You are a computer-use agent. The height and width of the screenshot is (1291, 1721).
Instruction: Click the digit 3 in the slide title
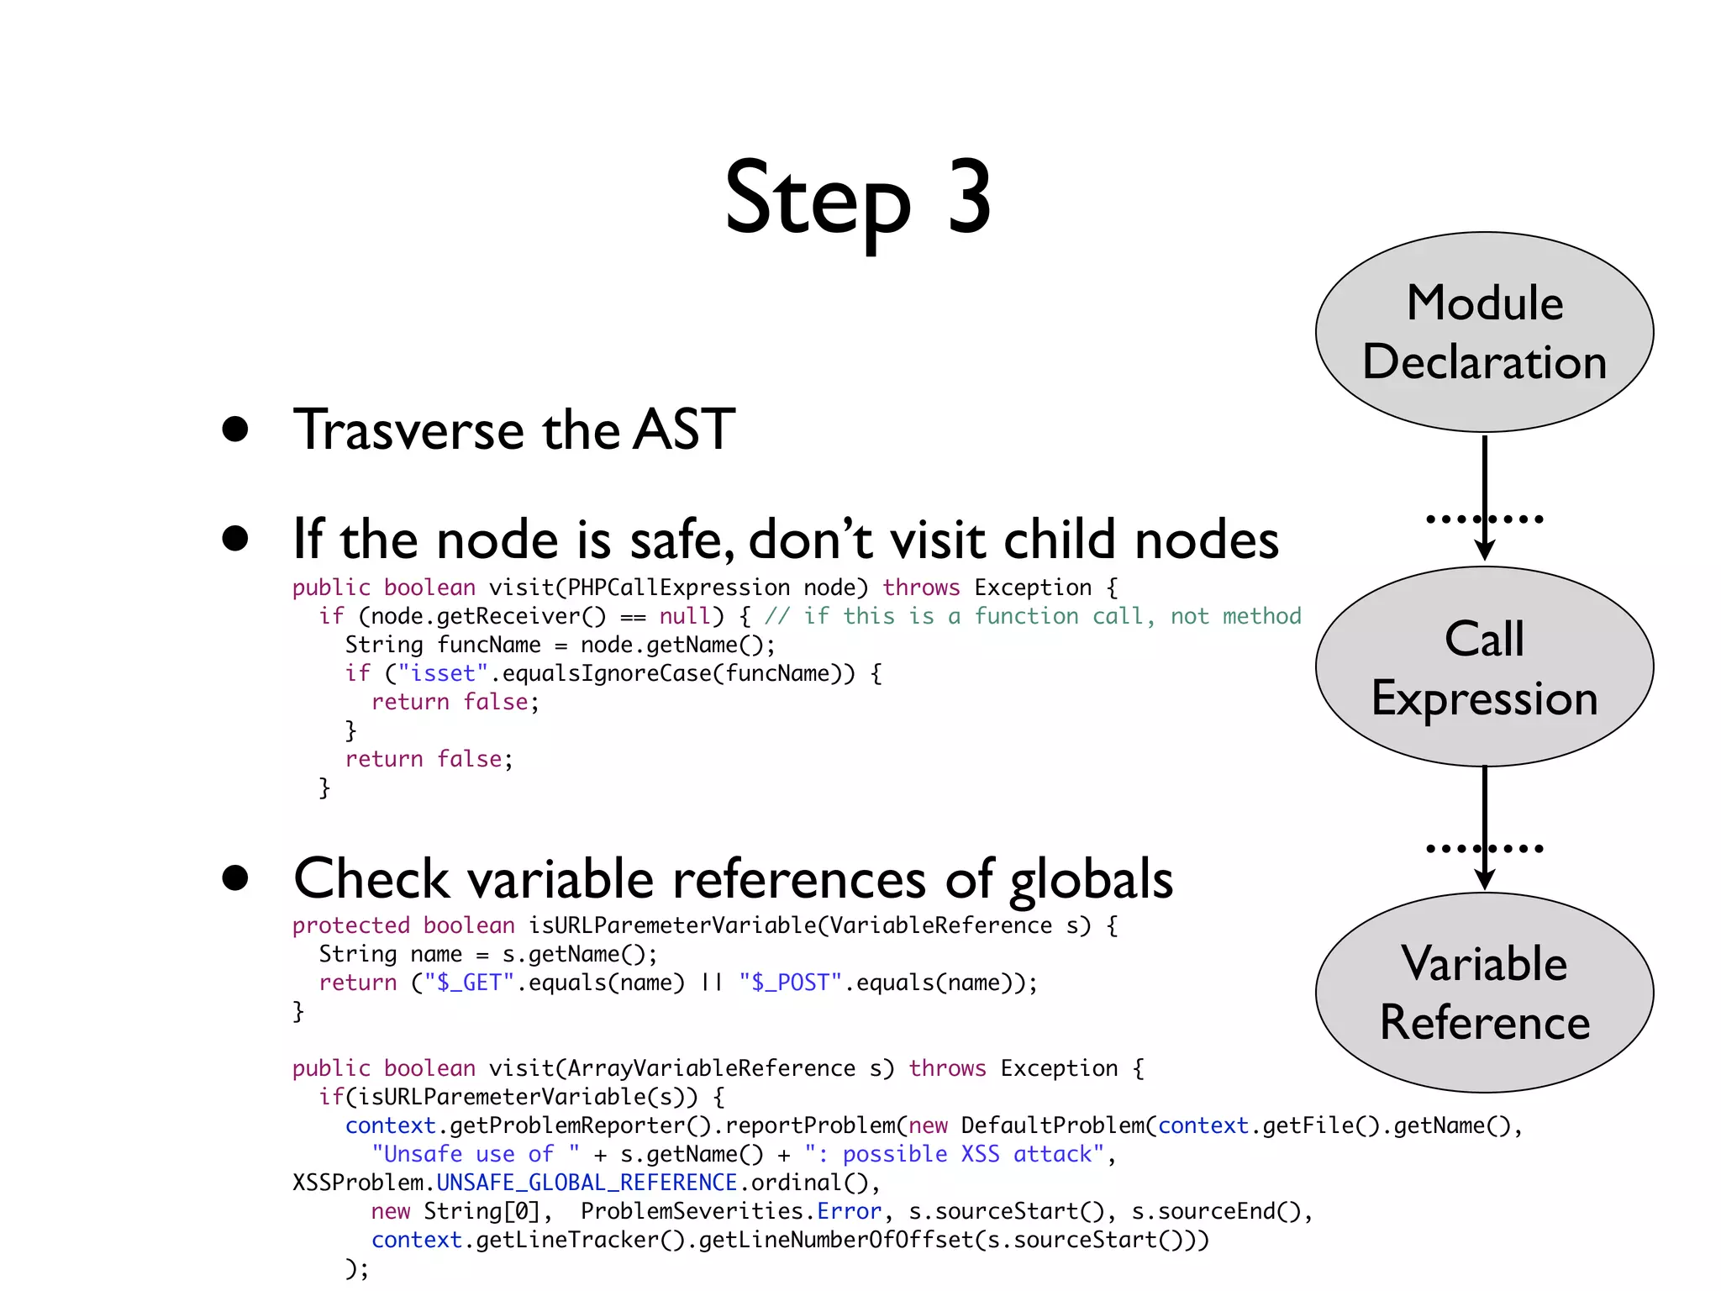click(x=970, y=198)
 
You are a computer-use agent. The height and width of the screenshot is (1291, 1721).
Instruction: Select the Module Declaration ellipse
click(x=1484, y=332)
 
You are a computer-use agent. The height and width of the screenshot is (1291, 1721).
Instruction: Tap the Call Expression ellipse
click(x=1484, y=667)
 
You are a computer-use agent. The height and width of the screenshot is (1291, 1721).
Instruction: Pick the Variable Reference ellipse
click(x=1484, y=993)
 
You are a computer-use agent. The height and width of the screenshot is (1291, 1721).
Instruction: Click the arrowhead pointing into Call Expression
click(x=1485, y=551)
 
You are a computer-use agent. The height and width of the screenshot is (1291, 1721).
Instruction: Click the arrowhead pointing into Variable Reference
click(x=1485, y=880)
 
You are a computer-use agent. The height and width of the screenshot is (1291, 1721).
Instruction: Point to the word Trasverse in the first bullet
click(x=409, y=429)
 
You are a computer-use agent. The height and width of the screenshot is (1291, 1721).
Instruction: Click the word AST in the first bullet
click(x=684, y=429)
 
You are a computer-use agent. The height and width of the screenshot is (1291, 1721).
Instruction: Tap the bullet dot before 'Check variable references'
click(x=235, y=877)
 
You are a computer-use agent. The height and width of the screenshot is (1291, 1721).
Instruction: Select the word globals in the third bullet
click(x=1091, y=880)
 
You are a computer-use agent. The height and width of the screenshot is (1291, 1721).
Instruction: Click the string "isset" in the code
click(x=443, y=673)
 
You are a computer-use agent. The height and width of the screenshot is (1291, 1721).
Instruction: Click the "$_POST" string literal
click(x=790, y=983)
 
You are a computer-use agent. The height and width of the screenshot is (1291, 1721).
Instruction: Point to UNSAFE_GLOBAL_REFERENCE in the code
click(x=587, y=1183)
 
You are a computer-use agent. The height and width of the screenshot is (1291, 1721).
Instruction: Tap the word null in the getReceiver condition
click(x=685, y=616)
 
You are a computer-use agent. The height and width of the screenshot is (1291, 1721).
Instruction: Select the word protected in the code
click(x=350, y=925)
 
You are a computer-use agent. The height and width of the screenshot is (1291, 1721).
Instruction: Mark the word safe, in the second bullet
click(x=682, y=540)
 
